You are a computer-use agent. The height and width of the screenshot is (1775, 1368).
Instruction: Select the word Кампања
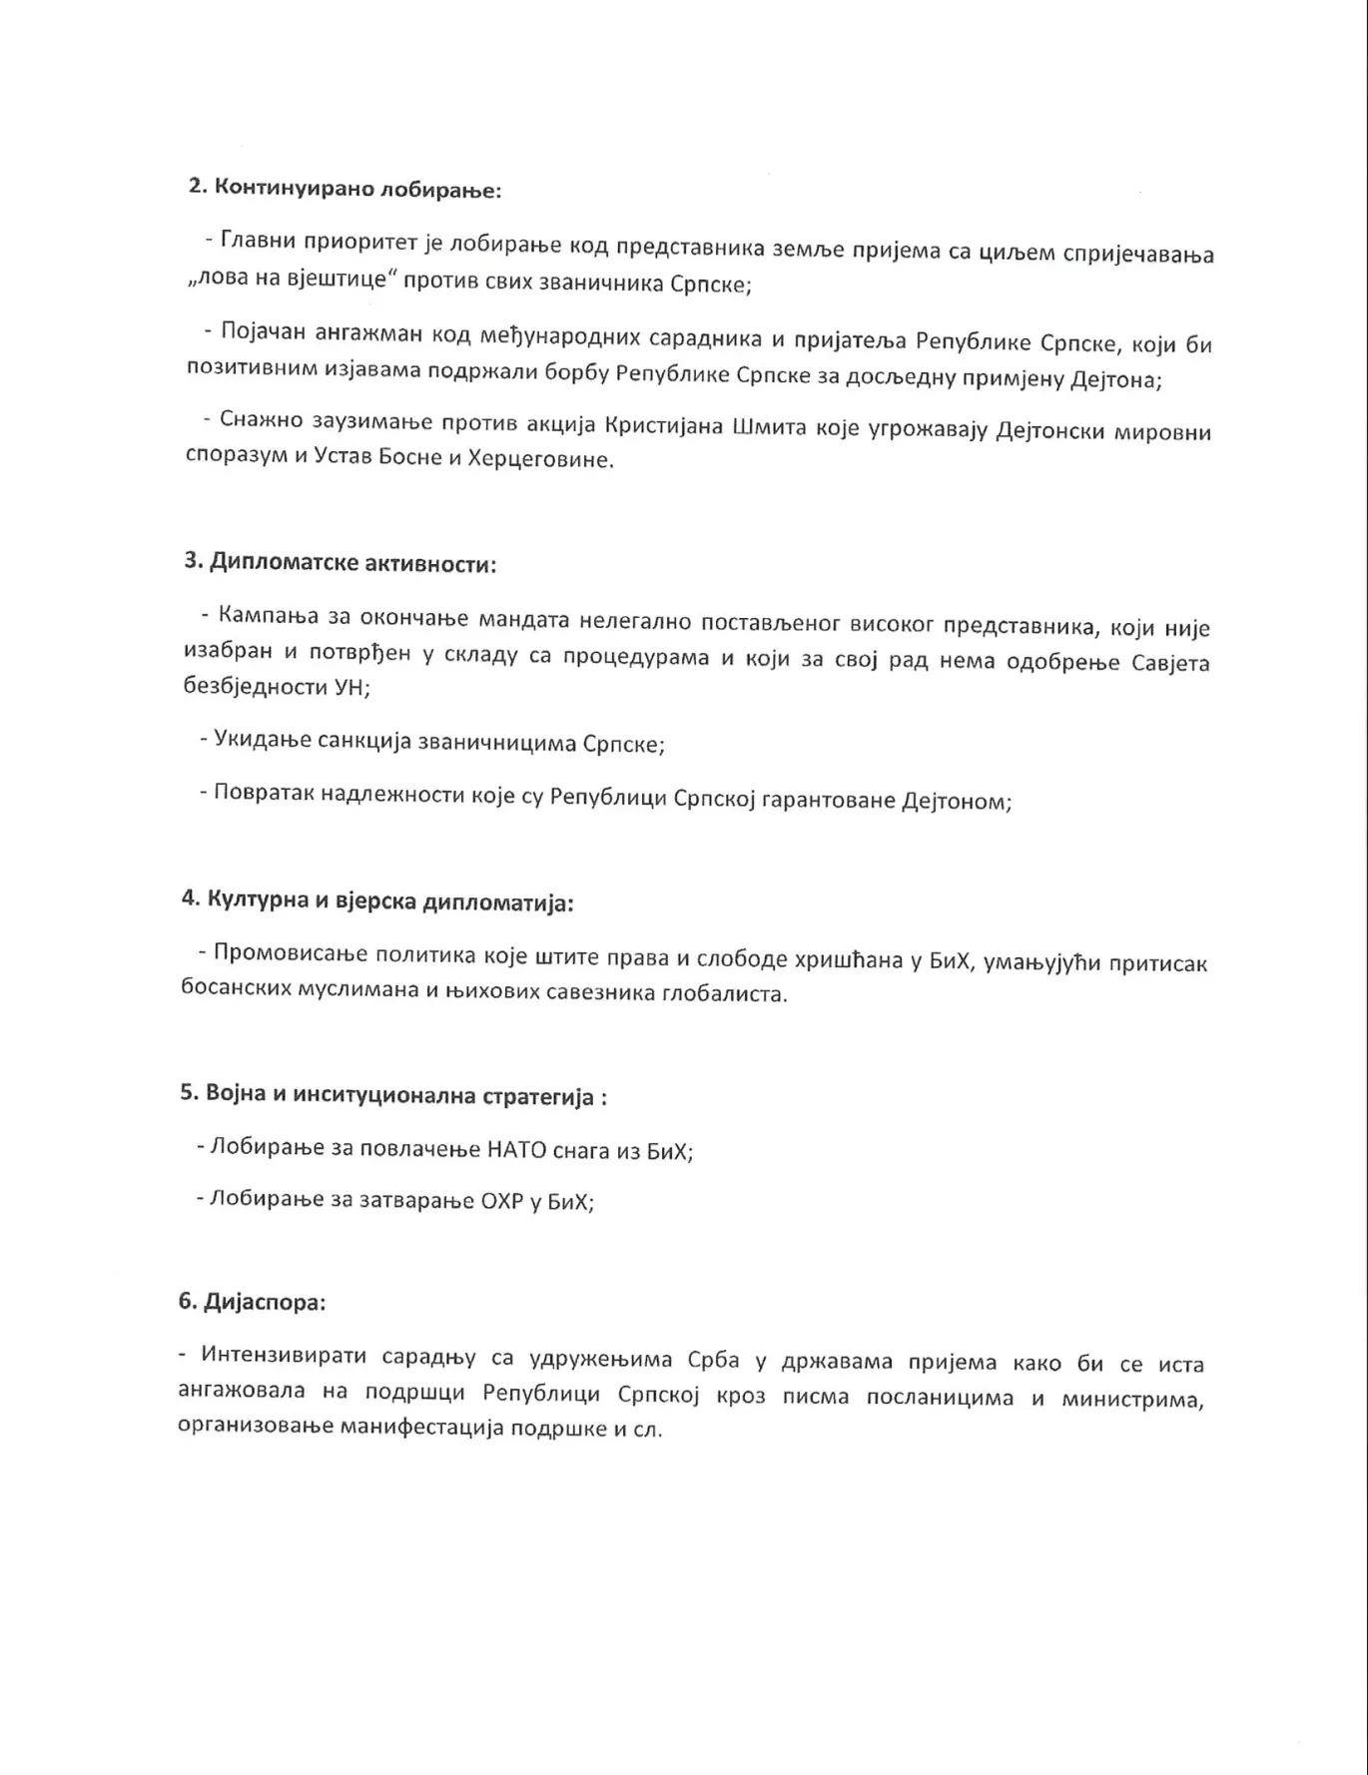[x=268, y=617]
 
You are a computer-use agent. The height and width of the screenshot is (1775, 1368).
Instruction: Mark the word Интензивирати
[x=275, y=1356]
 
